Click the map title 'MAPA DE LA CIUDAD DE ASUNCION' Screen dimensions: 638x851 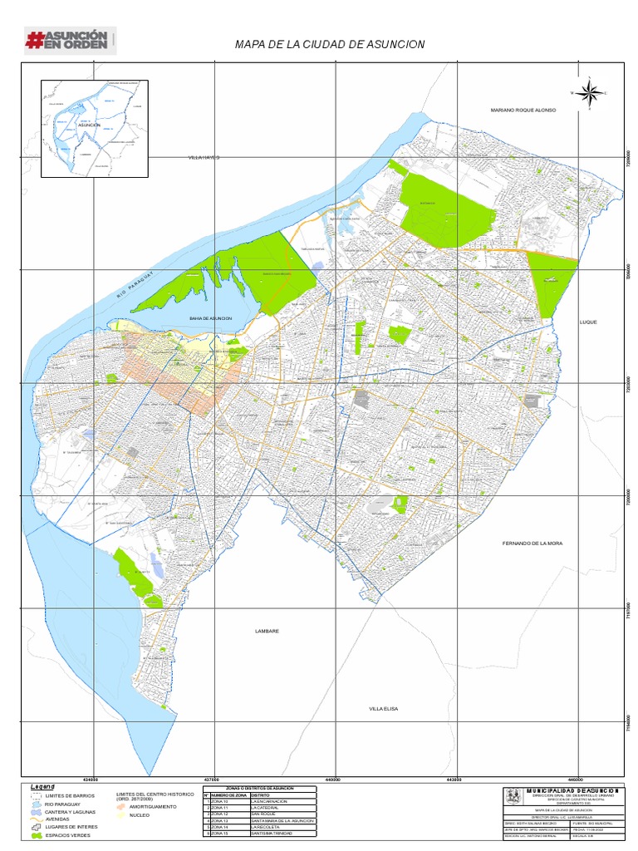pyautogui.click(x=330, y=43)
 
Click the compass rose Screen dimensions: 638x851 pyautogui.click(x=589, y=93)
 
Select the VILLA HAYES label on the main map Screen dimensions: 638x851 pyautogui.click(x=204, y=157)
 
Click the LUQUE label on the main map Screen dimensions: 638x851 pyautogui.click(x=588, y=322)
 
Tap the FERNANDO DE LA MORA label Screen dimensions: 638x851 pyautogui.click(x=532, y=543)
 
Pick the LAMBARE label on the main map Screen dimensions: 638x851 pyautogui.click(x=267, y=632)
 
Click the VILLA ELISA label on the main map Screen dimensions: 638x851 pyautogui.click(x=385, y=708)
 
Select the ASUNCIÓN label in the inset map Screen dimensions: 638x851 pyautogui.click(x=89, y=125)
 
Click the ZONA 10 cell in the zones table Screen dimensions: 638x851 pyautogui.click(x=228, y=801)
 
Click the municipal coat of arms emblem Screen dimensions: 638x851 pyautogui.click(x=514, y=798)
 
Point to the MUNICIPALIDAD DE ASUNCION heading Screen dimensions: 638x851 pyautogui.click(x=572, y=790)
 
